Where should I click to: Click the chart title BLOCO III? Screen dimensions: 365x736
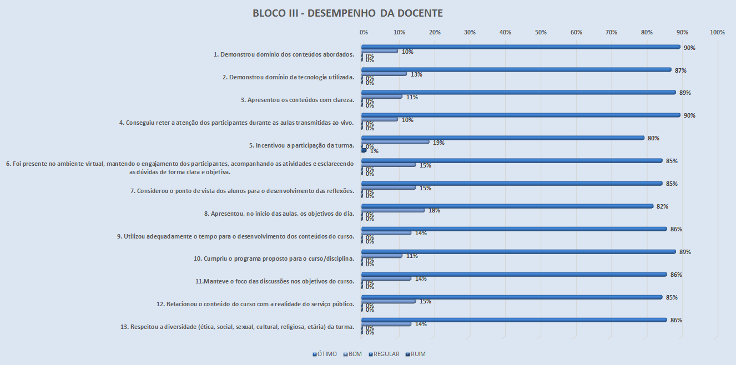tap(347, 13)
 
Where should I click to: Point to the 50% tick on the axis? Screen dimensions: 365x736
tap(541, 33)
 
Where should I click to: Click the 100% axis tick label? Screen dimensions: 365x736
tap(717, 33)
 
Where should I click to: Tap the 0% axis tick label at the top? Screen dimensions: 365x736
tap(364, 33)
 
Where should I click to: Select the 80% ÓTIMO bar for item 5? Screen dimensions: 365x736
tap(503, 138)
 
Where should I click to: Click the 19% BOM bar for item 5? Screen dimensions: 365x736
tap(395, 142)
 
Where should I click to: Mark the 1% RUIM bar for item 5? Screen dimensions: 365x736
tap(364, 150)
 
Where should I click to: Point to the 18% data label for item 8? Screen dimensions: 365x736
tap(434, 210)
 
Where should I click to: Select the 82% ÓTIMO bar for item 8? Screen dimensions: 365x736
tap(507, 206)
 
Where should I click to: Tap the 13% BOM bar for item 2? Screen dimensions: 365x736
tap(384, 74)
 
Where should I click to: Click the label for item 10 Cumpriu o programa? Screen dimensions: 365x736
tap(274, 259)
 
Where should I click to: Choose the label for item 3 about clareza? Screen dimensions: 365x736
tap(297, 100)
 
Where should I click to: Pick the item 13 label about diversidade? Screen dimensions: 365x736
tap(237, 327)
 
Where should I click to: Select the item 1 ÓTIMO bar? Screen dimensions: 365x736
tap(521, 47)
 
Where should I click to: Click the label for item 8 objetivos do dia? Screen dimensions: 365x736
tap(279, 214)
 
